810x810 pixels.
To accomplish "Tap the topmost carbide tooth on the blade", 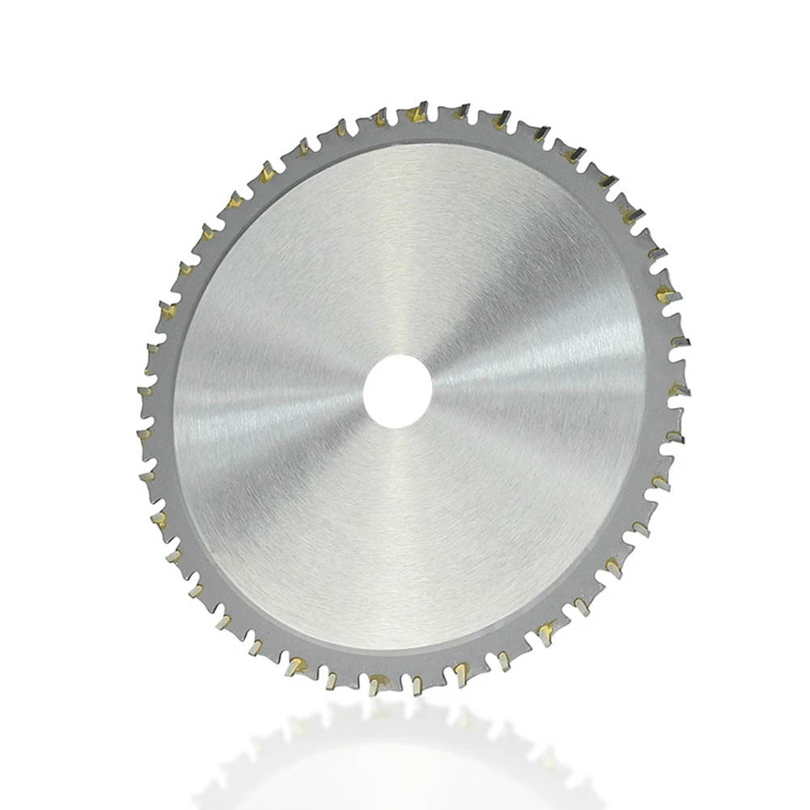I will coord(418,110).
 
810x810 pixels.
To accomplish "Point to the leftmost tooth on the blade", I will coord(146,392).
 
